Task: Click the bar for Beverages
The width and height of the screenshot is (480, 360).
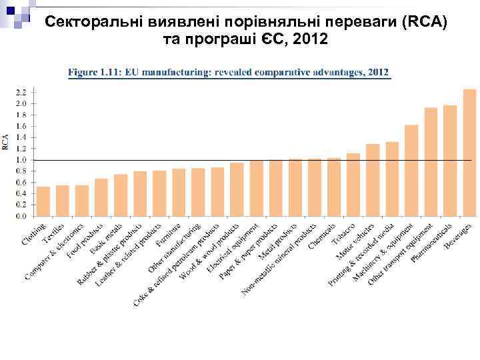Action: (x=469, y=153)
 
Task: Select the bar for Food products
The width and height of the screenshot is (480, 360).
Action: (x=101, y=197)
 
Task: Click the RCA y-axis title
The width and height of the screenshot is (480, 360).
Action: (x=6, y=141)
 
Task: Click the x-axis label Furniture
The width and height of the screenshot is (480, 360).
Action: (x=167, y=235)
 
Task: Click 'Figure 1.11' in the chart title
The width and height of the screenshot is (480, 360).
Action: (x=93, y=72)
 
